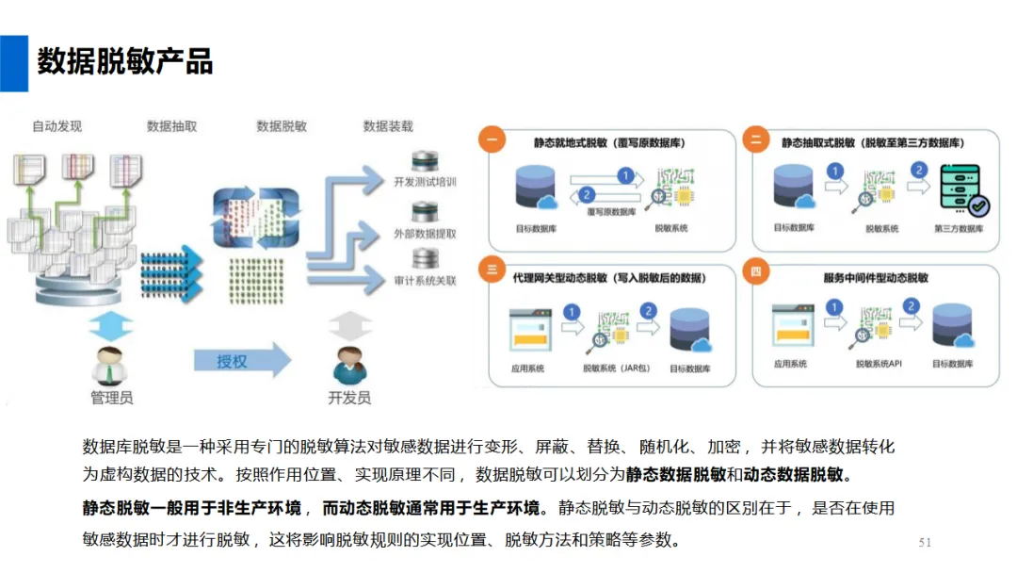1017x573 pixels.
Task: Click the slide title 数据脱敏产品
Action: (x=125, y=61)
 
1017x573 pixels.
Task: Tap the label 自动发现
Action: (x=57, y=126)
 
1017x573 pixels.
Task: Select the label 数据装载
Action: (x=388, y=126)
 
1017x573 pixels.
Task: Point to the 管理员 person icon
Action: (x=109, y=367)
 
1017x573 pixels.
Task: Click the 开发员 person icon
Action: (x=350, y=367)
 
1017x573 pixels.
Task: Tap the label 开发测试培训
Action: (x=426, y=182)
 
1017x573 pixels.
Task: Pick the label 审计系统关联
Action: (x=426, y=281)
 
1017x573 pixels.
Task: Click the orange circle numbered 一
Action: (x=492, y=139)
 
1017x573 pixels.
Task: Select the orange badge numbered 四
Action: (x=755, y=271)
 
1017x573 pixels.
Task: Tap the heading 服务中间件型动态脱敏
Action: (x=876, y=278)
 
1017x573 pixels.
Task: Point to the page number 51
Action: (x=925, y=543)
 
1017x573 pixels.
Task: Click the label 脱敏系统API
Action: (x=879, y=364)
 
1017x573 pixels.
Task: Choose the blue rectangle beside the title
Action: (x=14, y=63)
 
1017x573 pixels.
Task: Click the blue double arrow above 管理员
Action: (x=110, y=326)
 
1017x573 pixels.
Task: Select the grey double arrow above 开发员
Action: (x=350, y=326)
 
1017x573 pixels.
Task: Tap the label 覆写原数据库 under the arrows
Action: (x=612, y=212)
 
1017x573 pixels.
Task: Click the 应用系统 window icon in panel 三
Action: (x=530, y=330)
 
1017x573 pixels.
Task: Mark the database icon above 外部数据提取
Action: (x=425, y=211)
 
